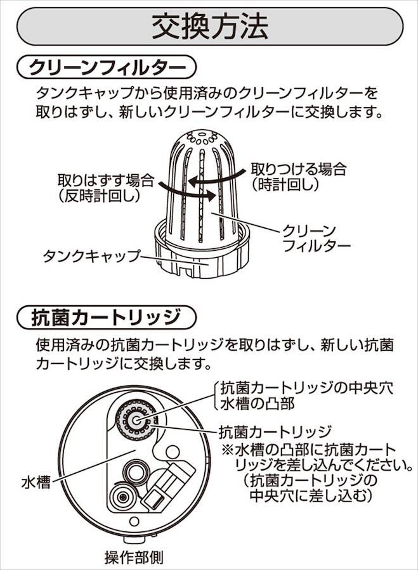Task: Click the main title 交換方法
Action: (209, 27)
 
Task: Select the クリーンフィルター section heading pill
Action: (107, 67)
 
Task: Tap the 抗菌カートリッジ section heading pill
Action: (107, 317)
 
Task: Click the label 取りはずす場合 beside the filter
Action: (106, 180)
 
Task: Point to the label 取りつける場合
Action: (299, 169)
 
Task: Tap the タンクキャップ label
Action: (91, 256)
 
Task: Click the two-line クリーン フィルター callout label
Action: (316, 239)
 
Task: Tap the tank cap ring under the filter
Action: (202, 260)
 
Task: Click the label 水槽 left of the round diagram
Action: (36, 483)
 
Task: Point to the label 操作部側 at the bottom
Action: (134, 557)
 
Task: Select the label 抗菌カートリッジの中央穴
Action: (306, 388)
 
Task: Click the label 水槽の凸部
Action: (257, 404)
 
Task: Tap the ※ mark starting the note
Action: (227, 451)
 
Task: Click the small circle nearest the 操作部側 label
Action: (134, 522)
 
